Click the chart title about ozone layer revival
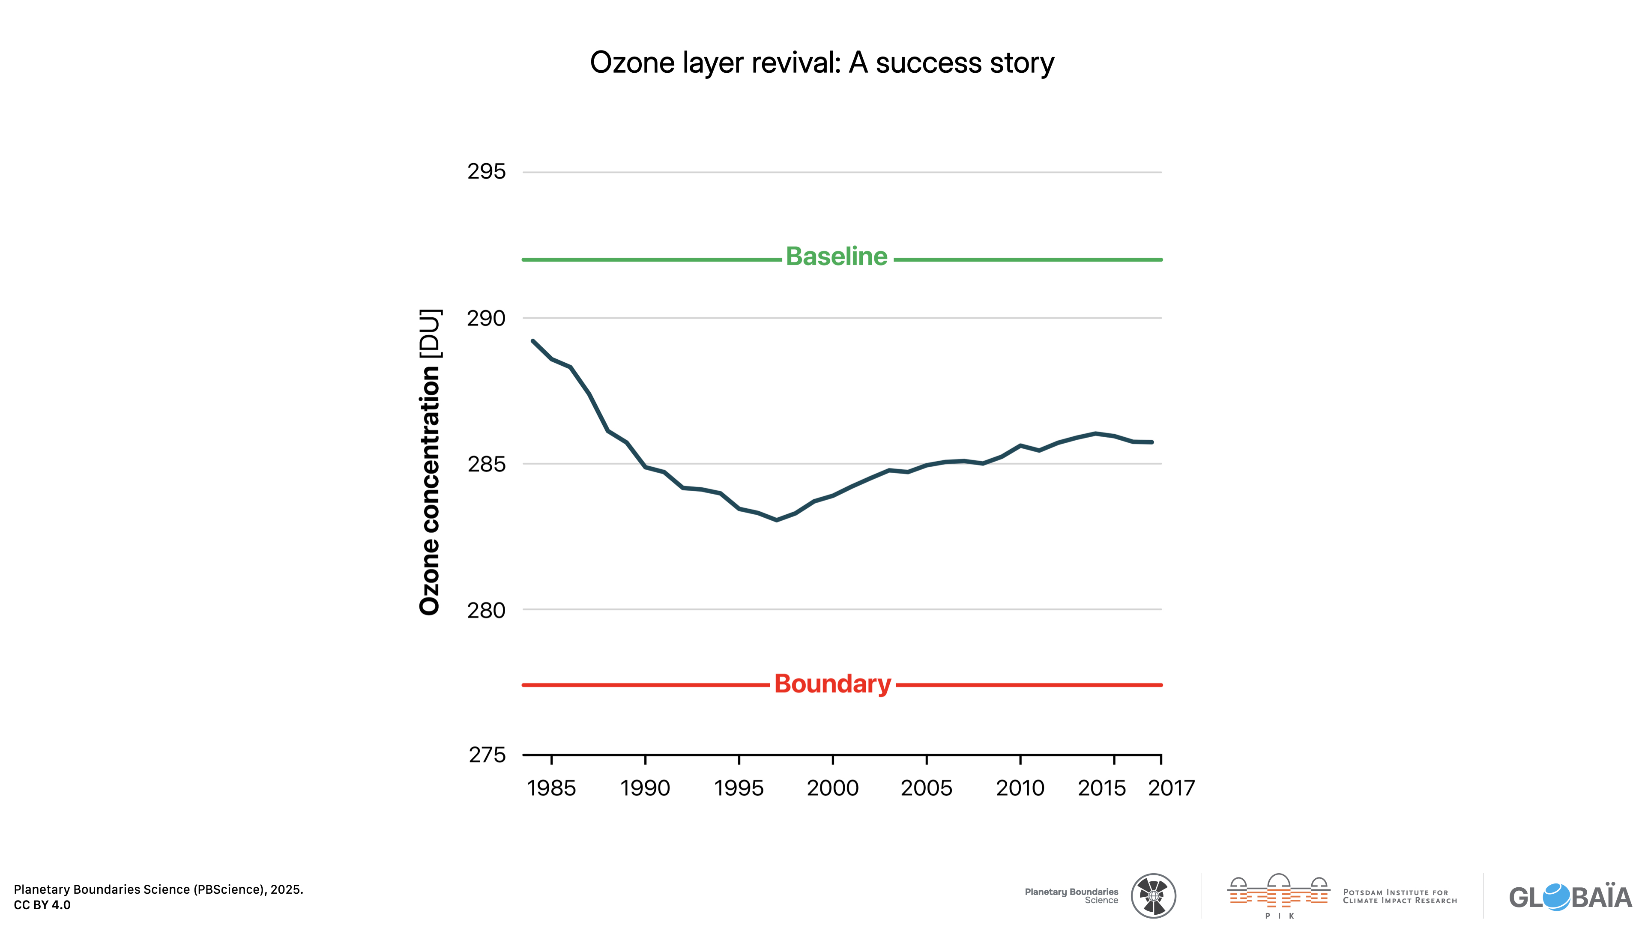822,63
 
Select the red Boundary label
832,684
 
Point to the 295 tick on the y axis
487,171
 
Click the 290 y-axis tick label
487,318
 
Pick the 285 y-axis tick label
487,464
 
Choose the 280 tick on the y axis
487,610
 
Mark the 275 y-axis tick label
487,755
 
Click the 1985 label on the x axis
551,788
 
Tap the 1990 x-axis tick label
645,788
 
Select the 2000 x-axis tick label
833,788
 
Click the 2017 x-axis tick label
1171,788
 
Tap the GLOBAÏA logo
1570,897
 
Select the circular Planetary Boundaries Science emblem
1153,895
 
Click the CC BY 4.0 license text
42,905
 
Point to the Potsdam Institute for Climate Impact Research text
1400,896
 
